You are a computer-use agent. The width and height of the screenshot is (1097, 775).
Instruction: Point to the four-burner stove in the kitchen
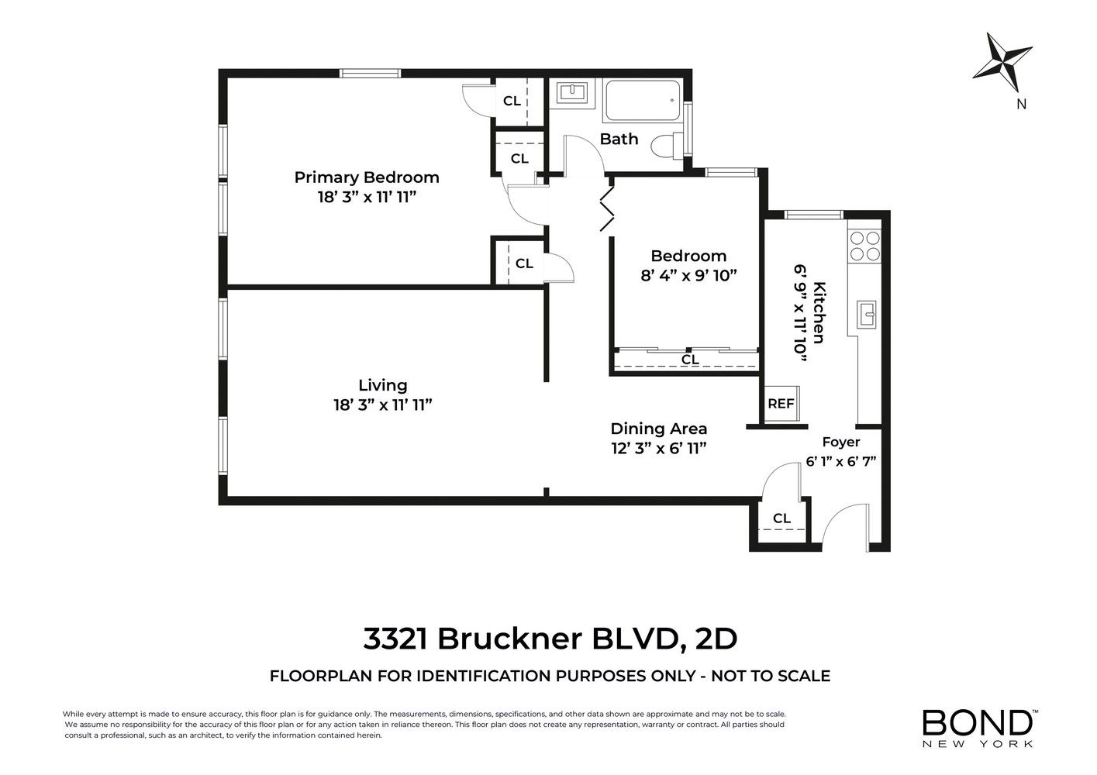point(864,246)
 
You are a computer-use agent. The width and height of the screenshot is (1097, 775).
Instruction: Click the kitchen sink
point(867,315)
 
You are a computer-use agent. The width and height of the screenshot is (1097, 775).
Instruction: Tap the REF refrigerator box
point(781,403)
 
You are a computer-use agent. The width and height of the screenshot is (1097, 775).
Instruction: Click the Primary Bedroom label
point(367,177)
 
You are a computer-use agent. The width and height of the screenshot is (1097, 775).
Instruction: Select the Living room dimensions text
point(383,405)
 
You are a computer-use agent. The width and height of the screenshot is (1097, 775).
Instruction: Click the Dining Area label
point(658,429)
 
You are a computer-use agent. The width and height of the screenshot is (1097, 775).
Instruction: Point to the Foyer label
point(841,443)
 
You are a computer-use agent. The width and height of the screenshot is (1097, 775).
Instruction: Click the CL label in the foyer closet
point(781,518)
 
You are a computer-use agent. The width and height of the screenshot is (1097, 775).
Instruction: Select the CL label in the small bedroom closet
point(689,360)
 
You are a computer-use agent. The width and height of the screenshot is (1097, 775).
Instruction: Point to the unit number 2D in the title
point(716,639)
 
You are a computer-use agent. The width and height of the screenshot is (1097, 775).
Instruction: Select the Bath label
point(619,139)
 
